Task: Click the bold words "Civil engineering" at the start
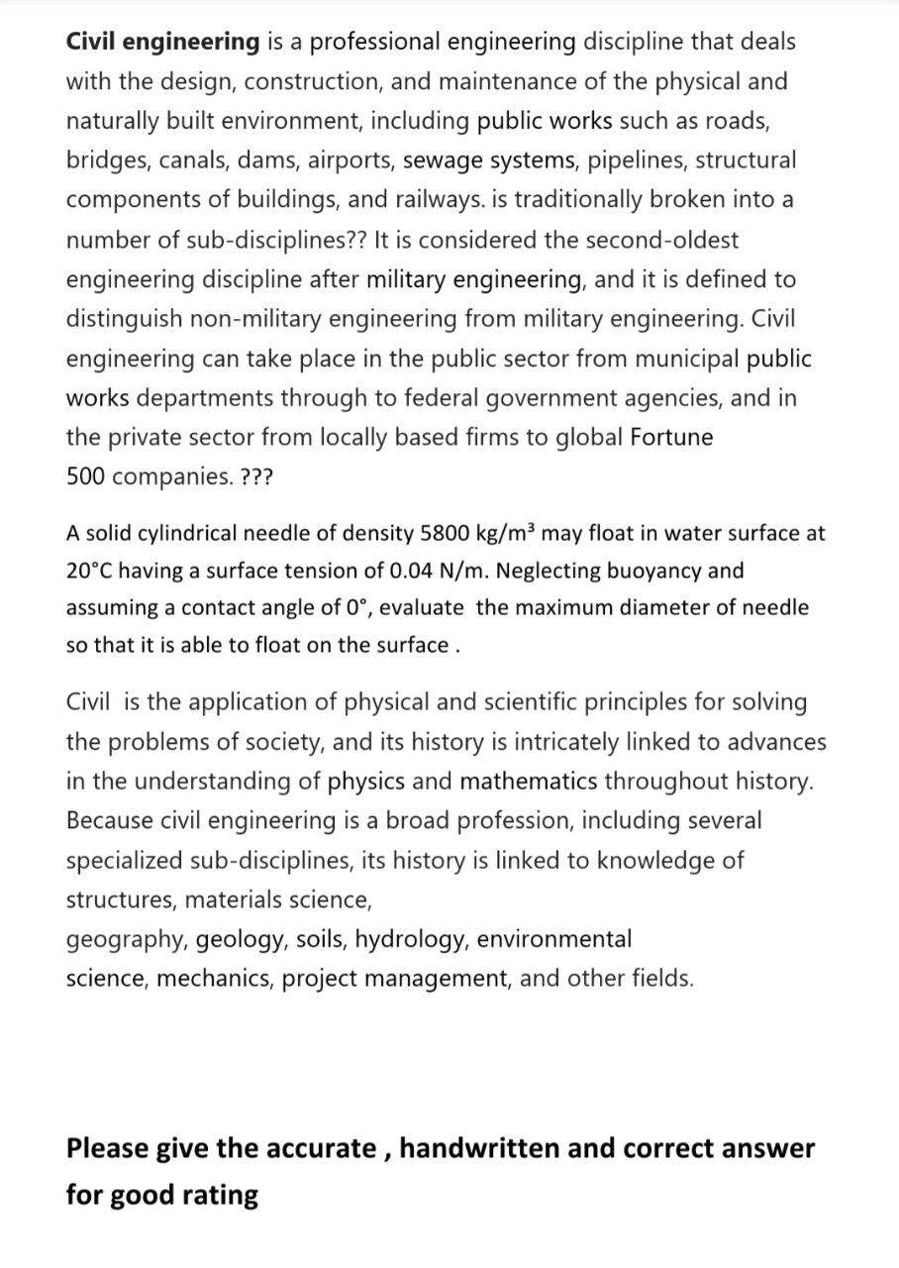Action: click(163, 42)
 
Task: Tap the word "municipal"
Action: click(691, 359)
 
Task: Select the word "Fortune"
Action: click(671, 438)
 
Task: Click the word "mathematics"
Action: click(528, 782)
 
